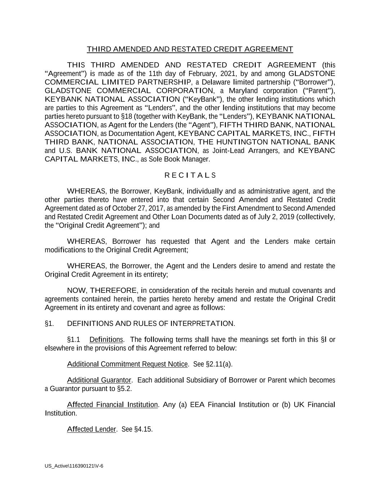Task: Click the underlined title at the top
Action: click(190, 49)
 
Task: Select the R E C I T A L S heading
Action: click(190, 175)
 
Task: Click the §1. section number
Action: click(49, 323)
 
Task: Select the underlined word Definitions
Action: click(106, 340)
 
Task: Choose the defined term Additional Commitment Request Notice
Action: click(127, 364)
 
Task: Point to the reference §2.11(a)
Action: click(219, 364)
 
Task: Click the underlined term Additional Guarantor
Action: click(99, 380)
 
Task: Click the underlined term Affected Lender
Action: click(91, 429)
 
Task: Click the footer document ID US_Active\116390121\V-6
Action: click(74, 466)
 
